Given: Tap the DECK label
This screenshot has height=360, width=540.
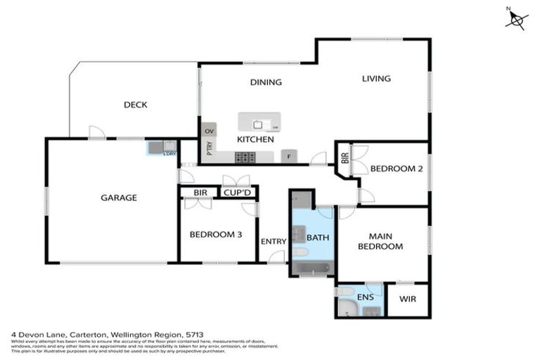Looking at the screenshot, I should click(x=135, y=105).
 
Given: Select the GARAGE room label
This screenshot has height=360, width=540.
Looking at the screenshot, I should click(x=119, y=198).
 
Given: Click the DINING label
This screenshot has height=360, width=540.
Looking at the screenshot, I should click(x=266, y=82).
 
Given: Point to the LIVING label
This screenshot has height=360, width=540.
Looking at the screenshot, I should click(x=376, y=79).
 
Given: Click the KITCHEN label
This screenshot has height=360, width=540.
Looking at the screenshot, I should click(x=255, y=140).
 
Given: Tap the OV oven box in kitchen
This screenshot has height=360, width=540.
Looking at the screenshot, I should click(x=209, y=131).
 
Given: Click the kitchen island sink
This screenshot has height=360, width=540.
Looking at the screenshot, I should click(x=259, y=124).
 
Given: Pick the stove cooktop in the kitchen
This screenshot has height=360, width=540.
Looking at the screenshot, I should click(x=245, y=157).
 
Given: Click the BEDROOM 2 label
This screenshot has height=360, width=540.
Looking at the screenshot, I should click(x=395, y=169).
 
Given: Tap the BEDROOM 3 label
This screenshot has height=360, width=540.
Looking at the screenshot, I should click(x=217, y=235).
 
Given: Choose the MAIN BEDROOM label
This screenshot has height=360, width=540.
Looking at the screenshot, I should click(x=380, y=241).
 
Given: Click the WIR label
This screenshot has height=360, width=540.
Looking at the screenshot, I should click(x=408, y=299).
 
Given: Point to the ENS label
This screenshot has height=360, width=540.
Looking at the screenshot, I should click(x=366, y=298).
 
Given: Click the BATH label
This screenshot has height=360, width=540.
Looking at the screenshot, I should click(x=317, y=238).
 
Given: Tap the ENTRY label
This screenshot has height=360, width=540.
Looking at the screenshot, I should click(x=274, y=241).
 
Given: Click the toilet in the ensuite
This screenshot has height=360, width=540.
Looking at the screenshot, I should click(x=345, y=291).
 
